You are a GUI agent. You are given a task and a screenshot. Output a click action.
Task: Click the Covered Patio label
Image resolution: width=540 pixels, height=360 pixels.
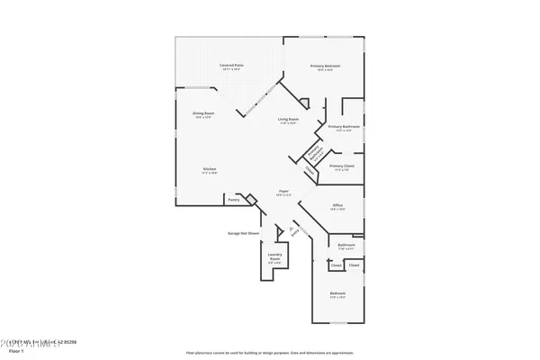click(233, 66)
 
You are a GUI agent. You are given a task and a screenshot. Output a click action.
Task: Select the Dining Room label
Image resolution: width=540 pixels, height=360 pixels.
click(202, 112)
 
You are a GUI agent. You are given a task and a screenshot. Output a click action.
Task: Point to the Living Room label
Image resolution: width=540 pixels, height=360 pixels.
click(287, 120)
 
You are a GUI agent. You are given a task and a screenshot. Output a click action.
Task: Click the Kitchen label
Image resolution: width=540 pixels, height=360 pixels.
click(209, 168)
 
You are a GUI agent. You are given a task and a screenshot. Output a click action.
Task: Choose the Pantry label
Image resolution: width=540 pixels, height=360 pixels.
click(233, 200)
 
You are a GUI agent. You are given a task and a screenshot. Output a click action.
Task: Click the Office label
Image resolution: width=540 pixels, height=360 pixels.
click(337, 205)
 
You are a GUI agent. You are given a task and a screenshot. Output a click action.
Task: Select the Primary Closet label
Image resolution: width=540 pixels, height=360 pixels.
click(343, 166)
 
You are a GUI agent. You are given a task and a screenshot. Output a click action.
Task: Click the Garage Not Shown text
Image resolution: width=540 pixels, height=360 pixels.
click(243, 232)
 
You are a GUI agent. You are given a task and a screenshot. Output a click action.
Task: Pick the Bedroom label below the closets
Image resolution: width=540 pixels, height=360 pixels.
click(337, 293)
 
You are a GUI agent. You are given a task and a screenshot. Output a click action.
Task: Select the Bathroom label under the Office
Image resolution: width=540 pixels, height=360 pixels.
click(346, 244)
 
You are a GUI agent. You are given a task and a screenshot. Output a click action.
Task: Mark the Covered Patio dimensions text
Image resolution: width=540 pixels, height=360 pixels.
click(233, 70)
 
